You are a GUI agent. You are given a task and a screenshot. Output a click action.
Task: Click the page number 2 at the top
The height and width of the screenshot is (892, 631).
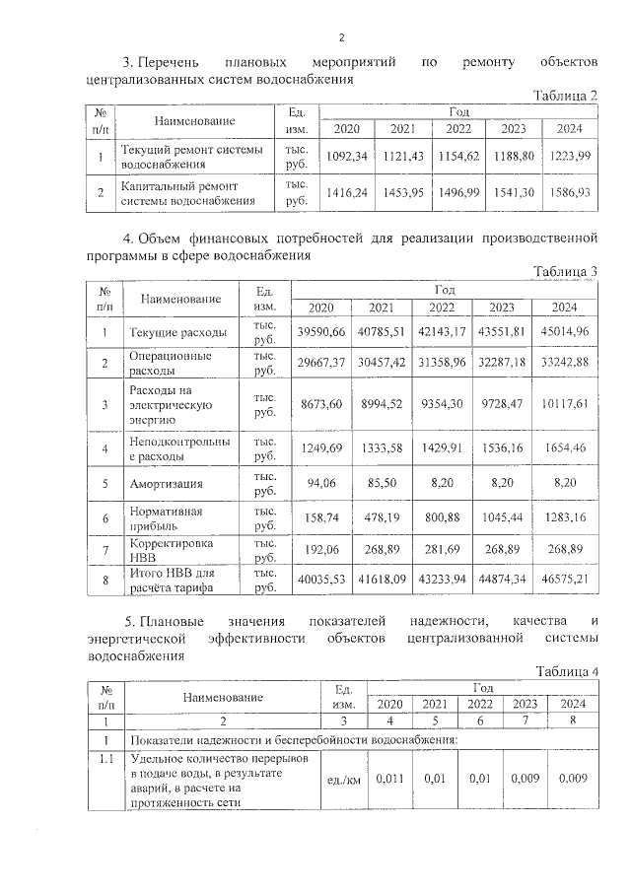(340, 38)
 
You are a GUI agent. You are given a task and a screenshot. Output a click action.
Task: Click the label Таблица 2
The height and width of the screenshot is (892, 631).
(565, 95)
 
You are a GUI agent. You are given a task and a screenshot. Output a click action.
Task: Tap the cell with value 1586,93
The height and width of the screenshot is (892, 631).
(569, 193)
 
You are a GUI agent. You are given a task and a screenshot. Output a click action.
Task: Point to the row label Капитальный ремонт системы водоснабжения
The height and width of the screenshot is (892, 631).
(180, 193)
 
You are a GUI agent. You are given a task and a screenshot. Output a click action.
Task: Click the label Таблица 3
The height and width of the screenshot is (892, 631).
(565, 272)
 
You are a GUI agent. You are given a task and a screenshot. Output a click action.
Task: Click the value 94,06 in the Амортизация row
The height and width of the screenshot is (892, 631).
(322, 484)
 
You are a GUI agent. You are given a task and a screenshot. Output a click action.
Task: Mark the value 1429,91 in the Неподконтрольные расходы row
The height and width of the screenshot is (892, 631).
(445, 449)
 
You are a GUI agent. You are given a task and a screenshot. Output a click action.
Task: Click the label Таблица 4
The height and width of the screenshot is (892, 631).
(565, 671)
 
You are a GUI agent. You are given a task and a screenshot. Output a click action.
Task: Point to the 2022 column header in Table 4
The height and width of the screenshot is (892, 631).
(480, 704)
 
